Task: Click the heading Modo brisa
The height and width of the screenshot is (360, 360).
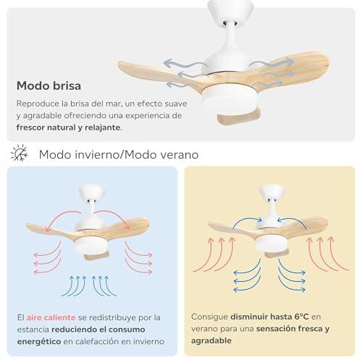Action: tap(49, 85)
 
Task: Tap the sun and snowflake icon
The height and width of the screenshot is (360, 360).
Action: tap(20, 153)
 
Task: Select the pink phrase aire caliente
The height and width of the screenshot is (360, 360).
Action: tap(51, 317)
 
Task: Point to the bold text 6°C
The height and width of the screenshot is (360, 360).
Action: tap(301, 317)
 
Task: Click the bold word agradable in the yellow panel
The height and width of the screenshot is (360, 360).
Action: tap(212, 340)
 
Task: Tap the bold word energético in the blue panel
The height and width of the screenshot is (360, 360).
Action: tap(39, 341)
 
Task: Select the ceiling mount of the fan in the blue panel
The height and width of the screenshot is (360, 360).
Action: tap(91, 193)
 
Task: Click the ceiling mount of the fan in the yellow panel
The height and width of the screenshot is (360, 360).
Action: tap(272, 193)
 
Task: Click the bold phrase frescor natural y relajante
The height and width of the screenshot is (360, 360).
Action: tap(68, 127)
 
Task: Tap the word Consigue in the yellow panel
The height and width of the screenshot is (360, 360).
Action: tap(209, 317)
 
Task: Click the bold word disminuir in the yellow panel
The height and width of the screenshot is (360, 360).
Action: tap(249, 317)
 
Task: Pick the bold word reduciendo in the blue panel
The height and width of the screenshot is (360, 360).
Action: tap(75, 330)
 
